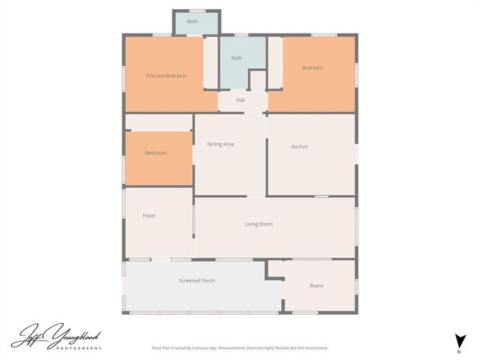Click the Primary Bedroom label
pyautogui.click(x=166, y=76)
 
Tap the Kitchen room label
pyautogui.click(x=300, y=146)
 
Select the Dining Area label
pyautogui.click(x=220, y=144)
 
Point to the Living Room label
pyautogui.click(x=259, y=224)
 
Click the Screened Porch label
pyautogui.click(x=196, y=280)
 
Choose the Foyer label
pyautogui.click(x=149, y=216)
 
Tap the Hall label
pyautogui.click(x=240, y=100)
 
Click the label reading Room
pyautogui.click(x=316, y=286)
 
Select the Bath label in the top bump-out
pyautogui.click(x=193, y=22)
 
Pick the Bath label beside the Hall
pyautogui.click(x=236, y=58)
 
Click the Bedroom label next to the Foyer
pyautogui.click(x=155, y=153)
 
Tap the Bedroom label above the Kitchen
pyautogui.click(x=312, y=68)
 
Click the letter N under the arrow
pyautogui.click(x=459, y=351)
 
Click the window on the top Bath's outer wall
pyautogui.click(x=197, y=10)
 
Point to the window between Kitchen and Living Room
pyautogui.click(x=321, y=196)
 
